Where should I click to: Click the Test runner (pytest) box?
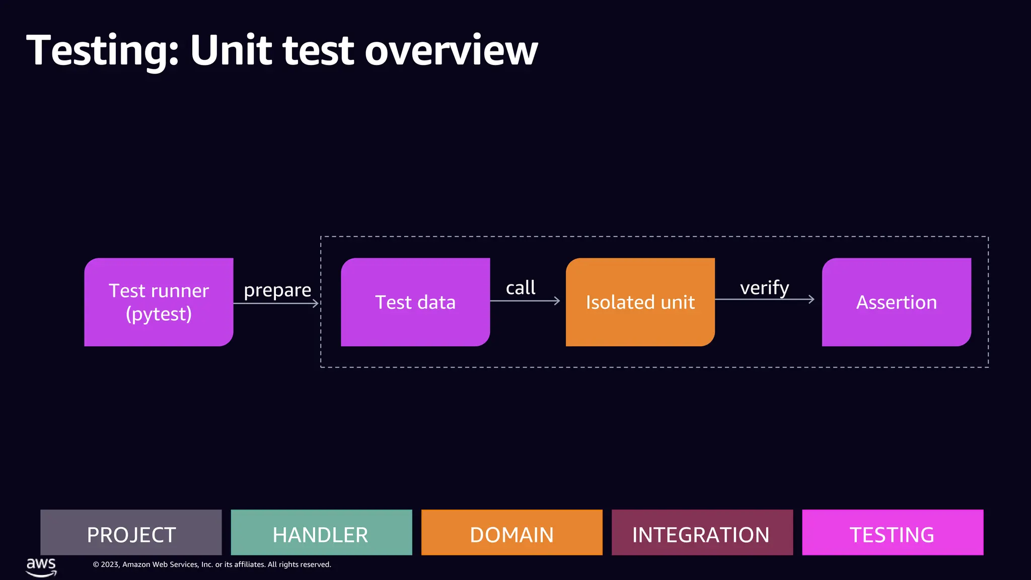[159, 302]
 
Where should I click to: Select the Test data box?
[415, 302]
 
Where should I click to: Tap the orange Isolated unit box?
[640, 302]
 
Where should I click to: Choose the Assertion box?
[896, 302]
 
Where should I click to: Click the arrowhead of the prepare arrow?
[316, 303]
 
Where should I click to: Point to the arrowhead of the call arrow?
[557, 301]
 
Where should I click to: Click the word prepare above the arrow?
[277, 291]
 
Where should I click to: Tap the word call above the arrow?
[521, 288]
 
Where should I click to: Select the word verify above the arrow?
[764, 288]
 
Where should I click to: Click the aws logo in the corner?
[41, 567]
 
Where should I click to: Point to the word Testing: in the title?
[103, 50]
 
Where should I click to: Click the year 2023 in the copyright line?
[110, 564]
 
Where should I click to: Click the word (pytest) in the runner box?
[159, 314]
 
